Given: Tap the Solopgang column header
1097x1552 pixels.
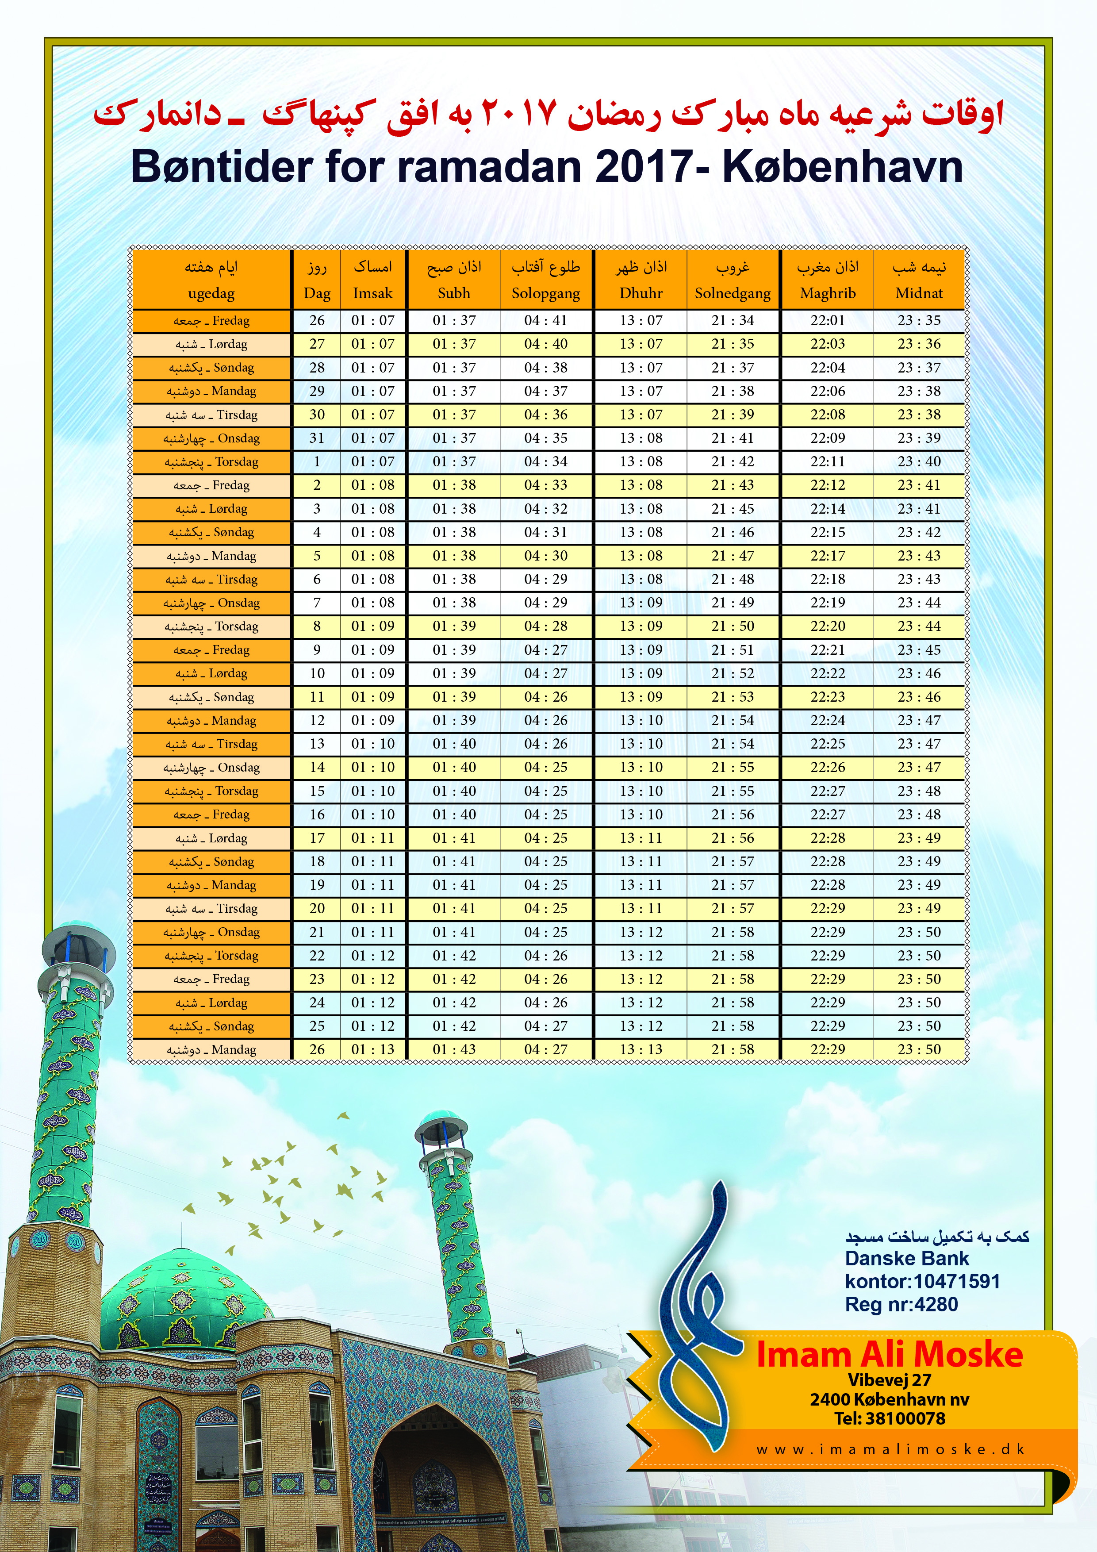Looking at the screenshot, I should (545, 293).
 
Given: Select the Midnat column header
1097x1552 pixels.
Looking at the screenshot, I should (919, 293).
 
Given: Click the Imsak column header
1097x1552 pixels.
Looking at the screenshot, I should (372, 293).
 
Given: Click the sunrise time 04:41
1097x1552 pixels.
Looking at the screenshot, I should (545, 320).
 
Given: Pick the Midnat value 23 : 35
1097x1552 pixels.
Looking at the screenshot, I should (919, 320).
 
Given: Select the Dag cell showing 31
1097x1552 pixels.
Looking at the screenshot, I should (317, 438).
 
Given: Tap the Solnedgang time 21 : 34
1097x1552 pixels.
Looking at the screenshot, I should (732, 320).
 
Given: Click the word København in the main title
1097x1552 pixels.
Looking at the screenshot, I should (843, 166).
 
